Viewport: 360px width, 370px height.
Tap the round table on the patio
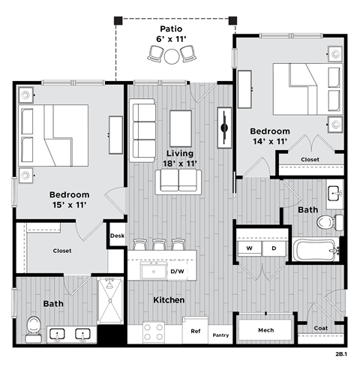point(173,55)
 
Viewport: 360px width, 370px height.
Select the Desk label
point(116,236)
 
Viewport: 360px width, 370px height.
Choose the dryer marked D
point(274,248)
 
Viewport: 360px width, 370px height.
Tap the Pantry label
point(220,335)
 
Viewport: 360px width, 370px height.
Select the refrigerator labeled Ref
point(195,330)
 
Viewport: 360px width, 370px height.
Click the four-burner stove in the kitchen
point(154,332)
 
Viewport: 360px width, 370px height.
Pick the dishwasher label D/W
point(178,270)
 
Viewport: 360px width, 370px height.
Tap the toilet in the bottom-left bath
point(32,326)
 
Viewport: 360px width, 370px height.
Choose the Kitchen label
point(169,300)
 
